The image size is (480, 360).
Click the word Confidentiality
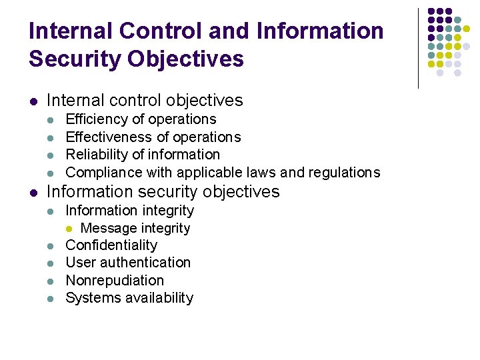(x=111, y=245)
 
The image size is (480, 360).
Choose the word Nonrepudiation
(x=115, y=280)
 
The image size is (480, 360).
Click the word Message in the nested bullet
(x=106, y=228)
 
